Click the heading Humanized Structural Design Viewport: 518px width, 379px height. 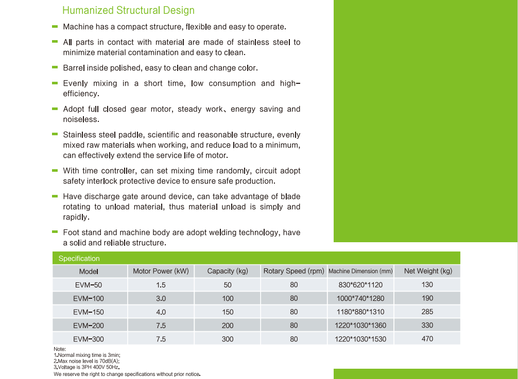tap(128, 10)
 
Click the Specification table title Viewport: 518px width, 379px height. tap(79, 258)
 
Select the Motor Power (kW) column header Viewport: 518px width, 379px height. tap(161, 271)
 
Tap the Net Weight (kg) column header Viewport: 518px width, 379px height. tap(428, 271)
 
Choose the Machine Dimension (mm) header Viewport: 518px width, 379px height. tap(360, 271)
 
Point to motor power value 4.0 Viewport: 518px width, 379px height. tap(161, 312)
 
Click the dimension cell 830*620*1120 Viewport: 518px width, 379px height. tap(360, 285)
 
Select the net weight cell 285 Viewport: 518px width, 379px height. tap(427, 312)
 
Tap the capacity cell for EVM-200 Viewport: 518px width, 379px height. tap(228, 326)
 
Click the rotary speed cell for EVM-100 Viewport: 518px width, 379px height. tap(293, 298)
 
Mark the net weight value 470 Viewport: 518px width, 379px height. tap(427, 339)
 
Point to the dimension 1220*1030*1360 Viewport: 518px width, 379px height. tap(360, 326)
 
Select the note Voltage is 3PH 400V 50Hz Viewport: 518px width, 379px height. tap(87, 367)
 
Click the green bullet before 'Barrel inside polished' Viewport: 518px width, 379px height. tap(55, 67)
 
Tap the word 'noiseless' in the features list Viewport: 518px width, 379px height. tap(80, 119)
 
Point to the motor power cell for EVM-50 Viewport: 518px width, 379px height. tap(161, 285)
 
